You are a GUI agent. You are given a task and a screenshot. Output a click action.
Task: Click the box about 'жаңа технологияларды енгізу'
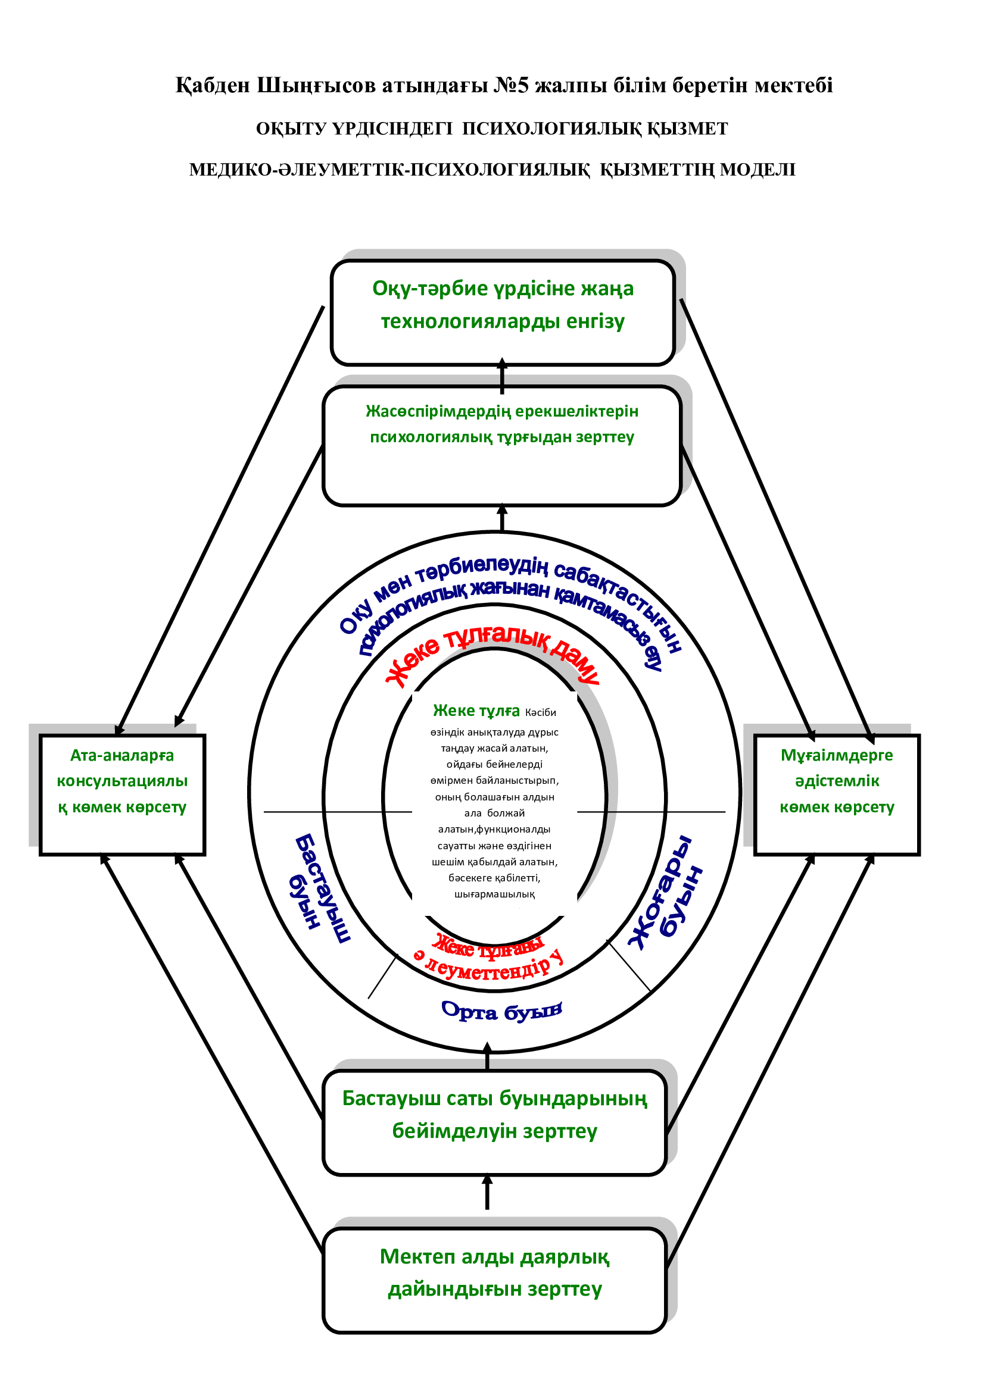pos(502,312)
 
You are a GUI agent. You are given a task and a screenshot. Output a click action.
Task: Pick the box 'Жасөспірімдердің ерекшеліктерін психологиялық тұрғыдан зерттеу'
pos(501,446)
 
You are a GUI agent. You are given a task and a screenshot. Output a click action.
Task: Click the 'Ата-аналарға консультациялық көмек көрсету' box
pos(123,794)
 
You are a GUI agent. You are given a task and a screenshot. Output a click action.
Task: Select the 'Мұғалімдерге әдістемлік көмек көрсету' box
pos(836,794)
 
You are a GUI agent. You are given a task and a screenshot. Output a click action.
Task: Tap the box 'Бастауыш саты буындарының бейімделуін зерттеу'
pos(494,1123)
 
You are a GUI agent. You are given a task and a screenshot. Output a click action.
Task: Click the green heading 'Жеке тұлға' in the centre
pos(476,711)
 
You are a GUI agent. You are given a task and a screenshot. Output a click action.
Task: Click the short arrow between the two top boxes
pos(501,376)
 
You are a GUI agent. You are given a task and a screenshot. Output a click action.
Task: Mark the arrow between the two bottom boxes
pos(487,1193)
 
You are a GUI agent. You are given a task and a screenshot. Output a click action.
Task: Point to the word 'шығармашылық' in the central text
pos(494,894)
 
